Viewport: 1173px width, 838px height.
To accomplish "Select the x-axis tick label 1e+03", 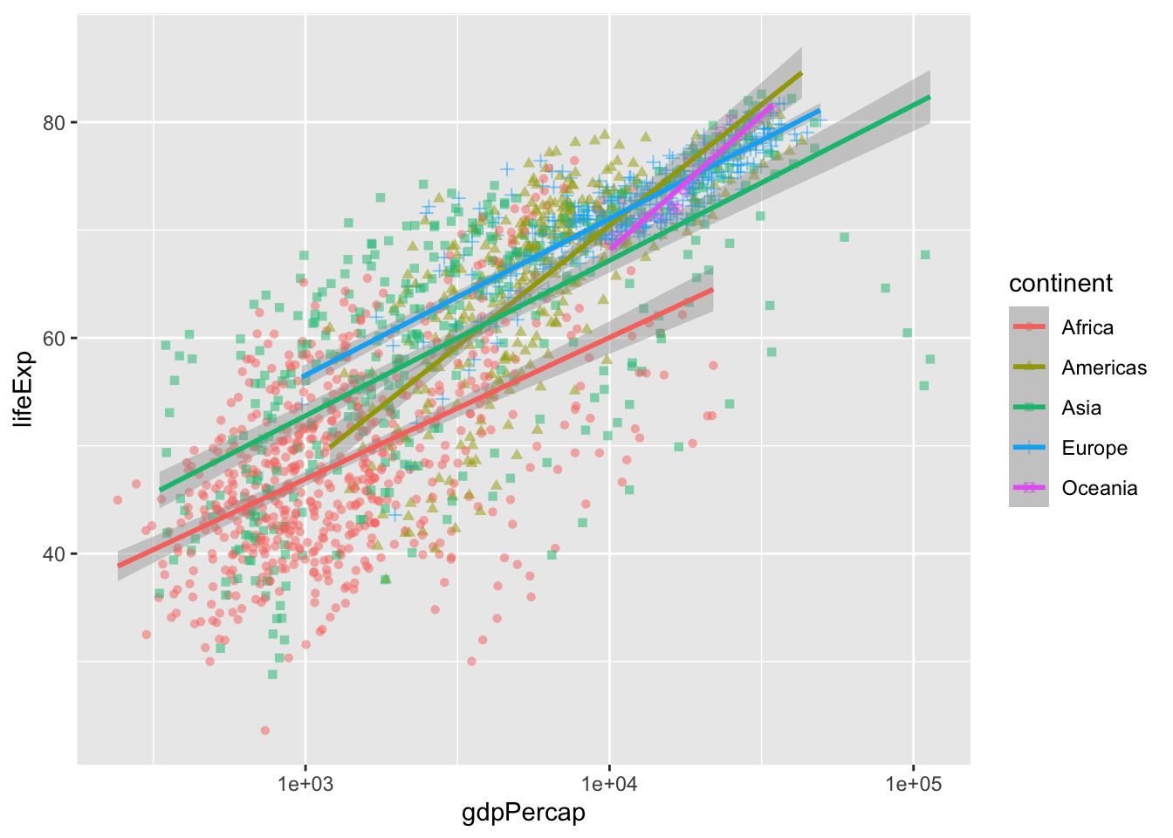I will (305, 784).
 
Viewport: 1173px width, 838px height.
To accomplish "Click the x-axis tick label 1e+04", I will (608, 784).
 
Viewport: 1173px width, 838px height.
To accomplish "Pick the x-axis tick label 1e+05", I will (913, 784).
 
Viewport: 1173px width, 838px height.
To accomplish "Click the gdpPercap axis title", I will (524, 814).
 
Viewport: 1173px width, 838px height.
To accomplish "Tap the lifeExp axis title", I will (24, 388).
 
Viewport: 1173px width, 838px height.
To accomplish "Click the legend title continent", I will (1060, 283).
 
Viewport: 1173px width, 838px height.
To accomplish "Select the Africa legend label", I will (1087, 327).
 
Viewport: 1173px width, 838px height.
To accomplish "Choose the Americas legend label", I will (1104, 367).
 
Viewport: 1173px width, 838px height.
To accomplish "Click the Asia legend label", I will (1081, 408).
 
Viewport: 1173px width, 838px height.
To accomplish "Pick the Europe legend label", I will (1094, 448).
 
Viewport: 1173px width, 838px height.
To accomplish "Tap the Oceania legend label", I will (1099, 488).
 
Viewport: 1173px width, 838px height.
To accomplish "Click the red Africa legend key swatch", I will (1029, 326).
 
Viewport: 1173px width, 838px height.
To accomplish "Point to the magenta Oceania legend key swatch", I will (1029, 487).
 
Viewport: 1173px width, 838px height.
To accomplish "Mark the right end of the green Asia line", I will (929, 97).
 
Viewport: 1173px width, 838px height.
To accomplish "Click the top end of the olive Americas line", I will (801, 73).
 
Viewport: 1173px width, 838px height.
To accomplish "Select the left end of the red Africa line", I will (119, 566).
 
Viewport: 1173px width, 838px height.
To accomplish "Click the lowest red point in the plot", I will (265, 731).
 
